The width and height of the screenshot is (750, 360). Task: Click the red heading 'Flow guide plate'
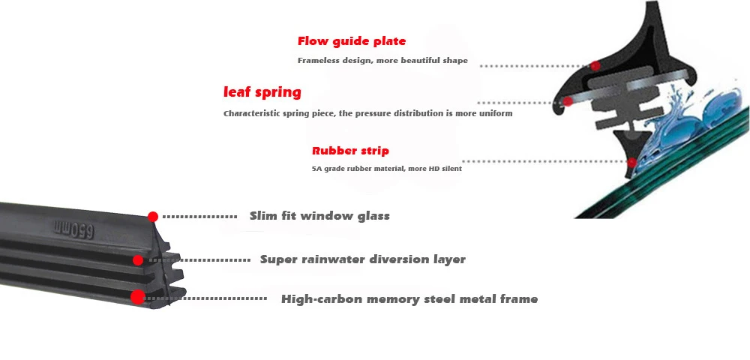(x=351, y=41)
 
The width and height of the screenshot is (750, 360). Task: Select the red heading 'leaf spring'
(x=262, y=93)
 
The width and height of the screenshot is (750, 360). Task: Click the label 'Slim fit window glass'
(x=319, y=216)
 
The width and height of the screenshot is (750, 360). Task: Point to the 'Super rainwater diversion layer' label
(x=362, y=259)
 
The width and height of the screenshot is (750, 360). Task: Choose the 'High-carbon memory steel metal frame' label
(x=409, y=299)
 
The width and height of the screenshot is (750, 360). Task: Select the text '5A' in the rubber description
(x=316, y=169)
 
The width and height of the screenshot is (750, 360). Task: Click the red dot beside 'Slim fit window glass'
(x=153, y=217)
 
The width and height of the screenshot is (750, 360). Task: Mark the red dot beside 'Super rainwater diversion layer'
(x=138, y=260)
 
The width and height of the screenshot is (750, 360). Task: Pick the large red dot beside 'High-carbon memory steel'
(x=137, y=297)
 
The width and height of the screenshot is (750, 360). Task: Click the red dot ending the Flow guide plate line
(x=595, y=66)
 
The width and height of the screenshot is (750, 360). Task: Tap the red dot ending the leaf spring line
(x=568, y=101)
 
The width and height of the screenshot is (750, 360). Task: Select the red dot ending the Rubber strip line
(x=632, y=162)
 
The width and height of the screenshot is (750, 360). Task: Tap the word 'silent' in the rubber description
(x=451, y=169)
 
